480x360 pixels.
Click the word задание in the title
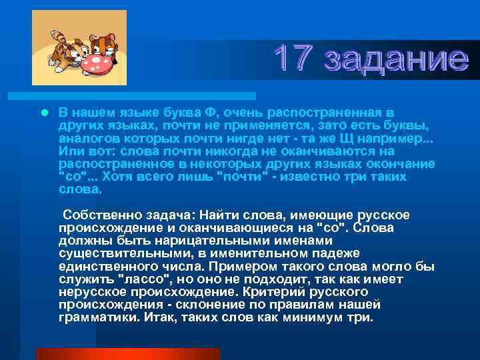point(395,59)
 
